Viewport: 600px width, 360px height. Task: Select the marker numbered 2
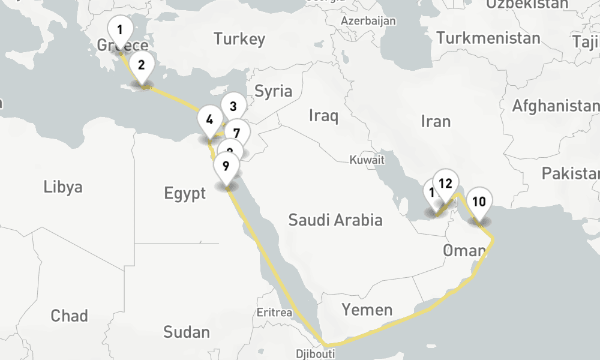142,65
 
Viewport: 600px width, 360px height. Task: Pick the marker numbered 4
209,119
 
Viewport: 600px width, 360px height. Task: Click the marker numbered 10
479,202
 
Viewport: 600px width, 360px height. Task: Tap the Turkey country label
239,40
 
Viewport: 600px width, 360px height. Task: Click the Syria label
274,91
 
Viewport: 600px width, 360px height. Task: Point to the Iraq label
323,115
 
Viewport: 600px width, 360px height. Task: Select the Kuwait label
367,160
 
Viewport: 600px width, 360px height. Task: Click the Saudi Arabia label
335,220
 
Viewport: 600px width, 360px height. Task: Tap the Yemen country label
367,310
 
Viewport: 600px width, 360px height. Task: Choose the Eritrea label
274,313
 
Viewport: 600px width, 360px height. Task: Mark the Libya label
63,187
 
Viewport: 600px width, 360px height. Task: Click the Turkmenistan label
488,38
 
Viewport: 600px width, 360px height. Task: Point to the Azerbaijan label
368,21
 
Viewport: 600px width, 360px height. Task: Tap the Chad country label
69,316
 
